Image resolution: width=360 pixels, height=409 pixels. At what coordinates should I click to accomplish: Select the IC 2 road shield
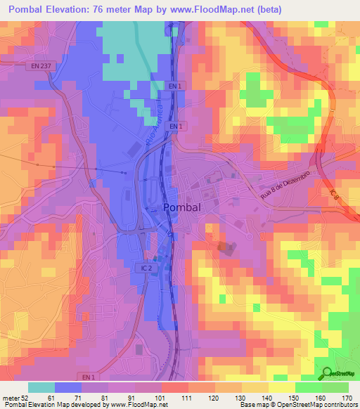pyautogui.click(x=143, y=268)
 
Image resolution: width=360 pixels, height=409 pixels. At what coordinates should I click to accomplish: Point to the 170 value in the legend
pyautogui.click(x=346, y=397)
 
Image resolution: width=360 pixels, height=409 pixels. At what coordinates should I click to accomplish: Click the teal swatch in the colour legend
pyautogui.click(x=41, y=387)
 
